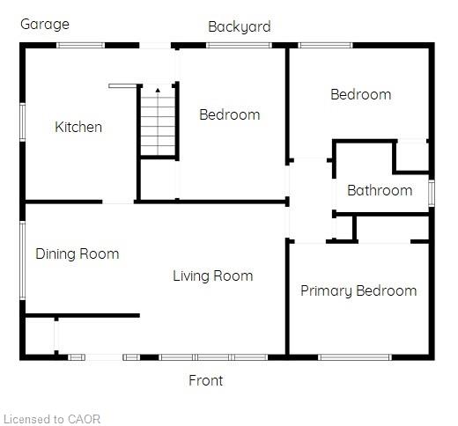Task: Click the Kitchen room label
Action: click(78, 127)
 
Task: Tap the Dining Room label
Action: click(78, 253)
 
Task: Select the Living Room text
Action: click(213, 276)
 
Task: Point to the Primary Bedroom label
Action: click(358, 291)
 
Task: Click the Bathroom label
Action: click(380, 190)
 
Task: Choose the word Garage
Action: click(45, 25)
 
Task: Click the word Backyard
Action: click(240, 27)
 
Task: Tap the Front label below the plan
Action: click(205, 380)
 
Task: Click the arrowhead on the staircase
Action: click(158, 90)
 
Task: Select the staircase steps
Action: click(158, 121)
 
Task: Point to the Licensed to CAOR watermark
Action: click(52, 419)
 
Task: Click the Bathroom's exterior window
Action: click(432, 193)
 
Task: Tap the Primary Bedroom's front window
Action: click(355, 357)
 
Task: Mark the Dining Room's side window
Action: click(22, 261)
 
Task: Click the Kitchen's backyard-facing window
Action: click(80, 45)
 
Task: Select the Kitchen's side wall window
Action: click(22, 122)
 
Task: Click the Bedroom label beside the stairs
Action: click(230, 114)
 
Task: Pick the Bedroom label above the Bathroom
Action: click(361, 95)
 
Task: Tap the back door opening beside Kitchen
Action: click(155, 45)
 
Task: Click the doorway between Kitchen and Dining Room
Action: click(118, 202)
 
